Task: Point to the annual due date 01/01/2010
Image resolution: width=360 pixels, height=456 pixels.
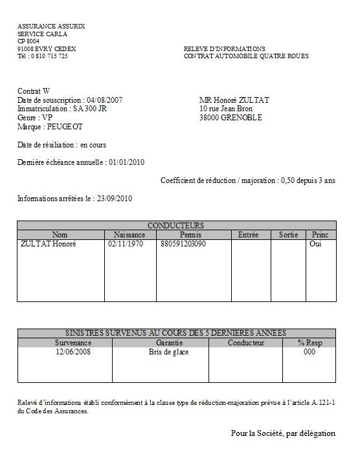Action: (126, 162)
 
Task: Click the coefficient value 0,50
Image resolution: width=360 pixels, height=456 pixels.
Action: (288, 181)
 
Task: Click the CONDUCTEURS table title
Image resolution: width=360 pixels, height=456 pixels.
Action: (176, 225)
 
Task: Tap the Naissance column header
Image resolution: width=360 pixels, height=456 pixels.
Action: (129, 235)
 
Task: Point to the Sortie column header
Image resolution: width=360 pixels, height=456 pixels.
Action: (288, 235)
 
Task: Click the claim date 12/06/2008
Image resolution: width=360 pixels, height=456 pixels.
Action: (73, 353)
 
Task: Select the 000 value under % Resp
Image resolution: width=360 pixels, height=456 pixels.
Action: (309, 353)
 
